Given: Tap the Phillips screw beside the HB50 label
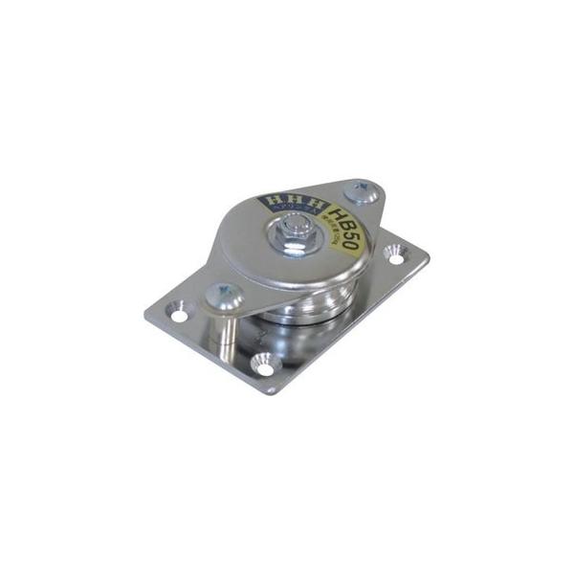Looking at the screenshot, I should click(363, 192).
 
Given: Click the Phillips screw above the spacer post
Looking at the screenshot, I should click(220, 295).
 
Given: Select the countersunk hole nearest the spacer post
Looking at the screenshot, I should click(178, 312).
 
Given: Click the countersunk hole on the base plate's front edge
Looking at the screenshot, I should click(262, 364).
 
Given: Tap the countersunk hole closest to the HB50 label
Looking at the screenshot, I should click(395, 255).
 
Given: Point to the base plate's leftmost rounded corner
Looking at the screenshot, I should click(149, 315).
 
